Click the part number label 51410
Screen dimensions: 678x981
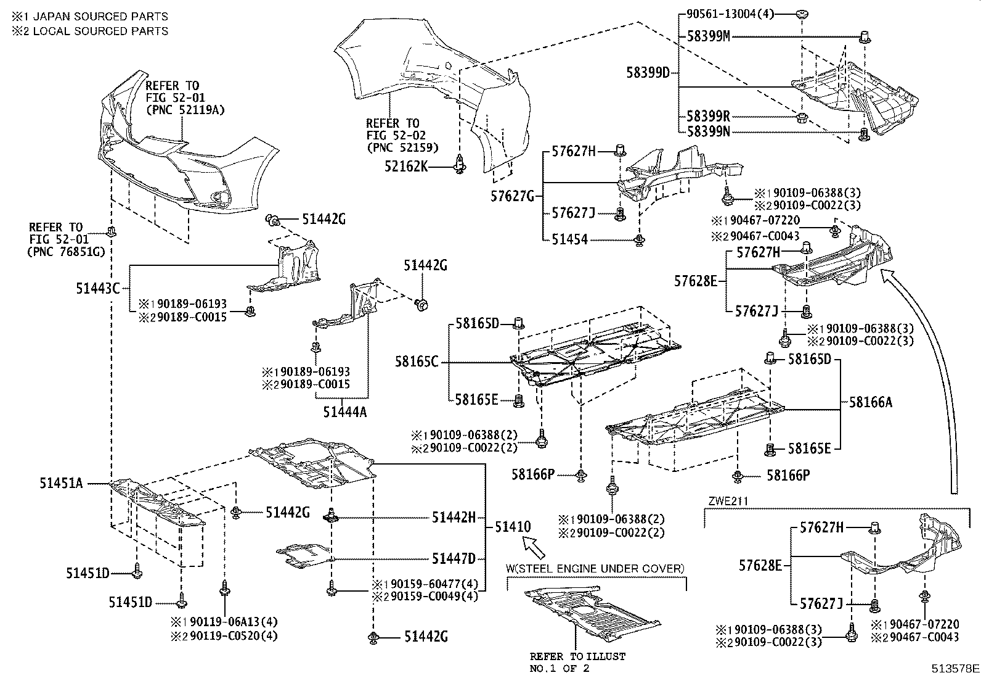pyautogui.click(x=512, y=527)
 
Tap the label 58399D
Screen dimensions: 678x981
pyautogui.click(x=648, y=73)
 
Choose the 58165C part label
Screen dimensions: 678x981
pyautogui.click(x=417, y=362)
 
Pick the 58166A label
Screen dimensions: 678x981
pyautogui.click(x=870, y=402)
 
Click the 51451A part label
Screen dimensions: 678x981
pyautogui.click(x=62, y=483)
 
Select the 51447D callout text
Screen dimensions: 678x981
pyautogui.click(x=454, y=559)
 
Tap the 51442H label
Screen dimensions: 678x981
pyautogui.click(x=454, y=518)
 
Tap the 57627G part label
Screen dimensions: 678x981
pyautogui.click(x=512, y=197)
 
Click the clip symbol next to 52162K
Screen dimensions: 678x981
pyautogui.click(x=458, y=165)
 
